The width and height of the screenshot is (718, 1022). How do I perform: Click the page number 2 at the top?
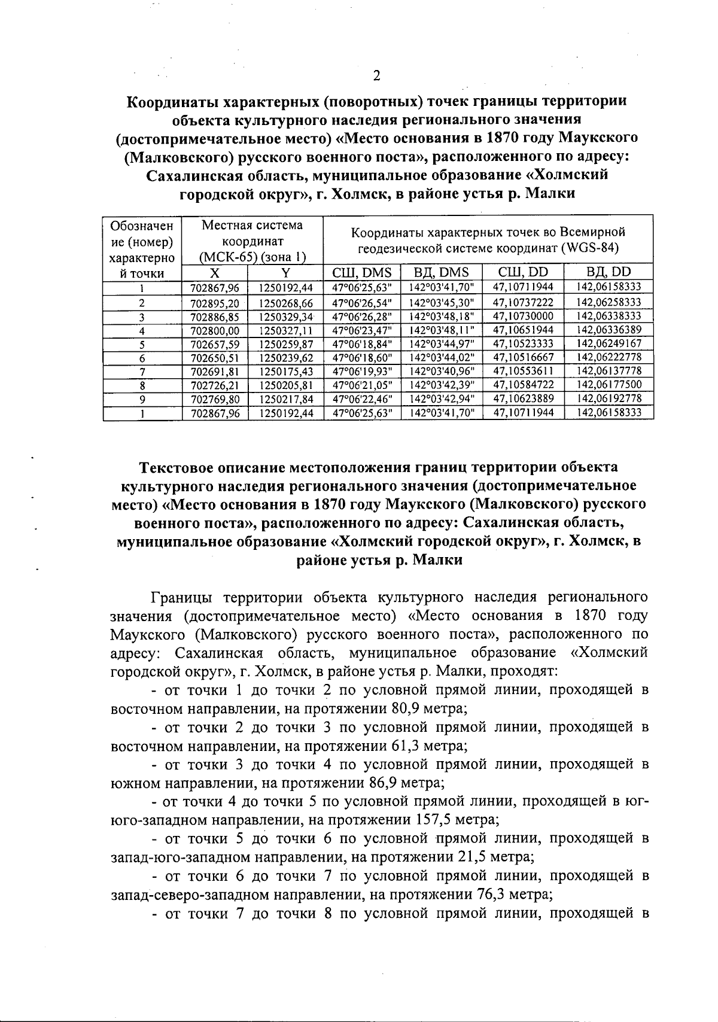(376, 76)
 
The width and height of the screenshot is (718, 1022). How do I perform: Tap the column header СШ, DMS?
(361, 273)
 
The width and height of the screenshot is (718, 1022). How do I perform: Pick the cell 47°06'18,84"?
(361, 344)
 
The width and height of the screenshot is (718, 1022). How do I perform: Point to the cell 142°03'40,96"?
(442, 371)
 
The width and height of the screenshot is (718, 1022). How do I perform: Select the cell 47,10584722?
(523, 385)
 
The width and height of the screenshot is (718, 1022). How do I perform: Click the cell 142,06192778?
(609, 398)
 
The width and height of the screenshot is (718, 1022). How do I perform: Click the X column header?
(214, 273)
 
